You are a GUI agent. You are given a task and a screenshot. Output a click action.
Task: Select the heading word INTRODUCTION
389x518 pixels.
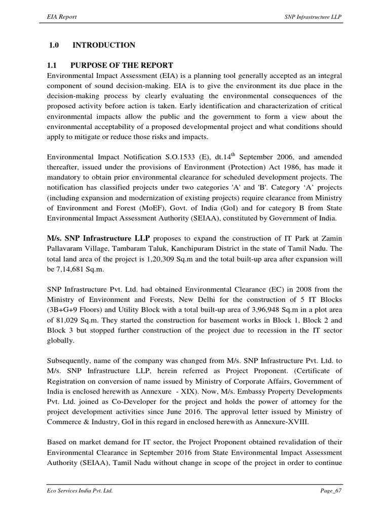tap(104, 46)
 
